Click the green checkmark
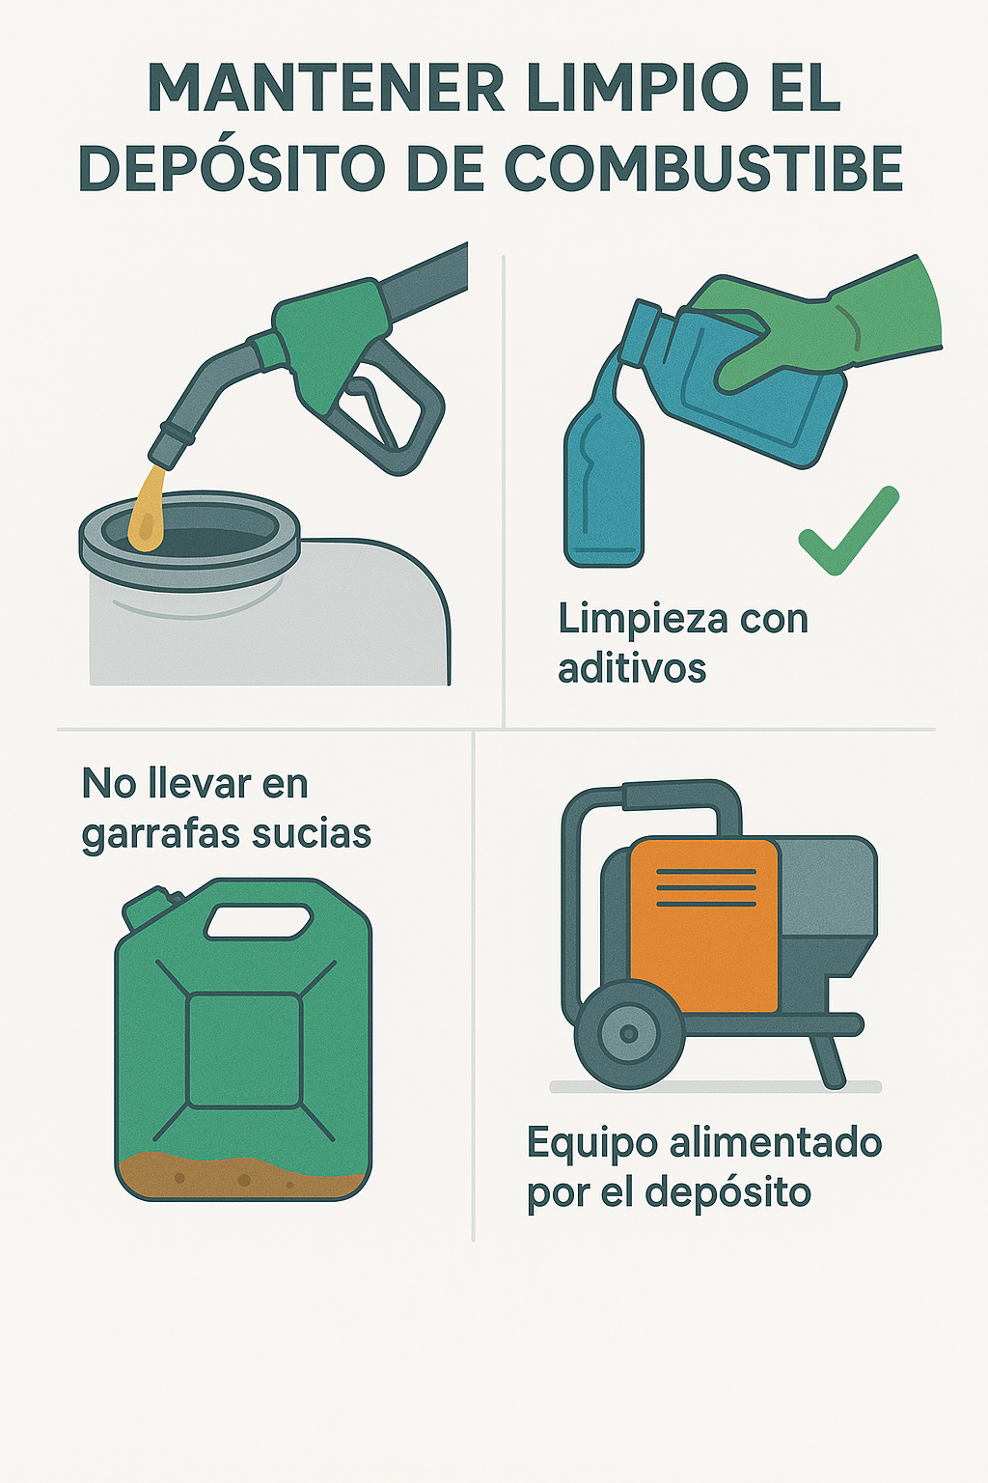tap(848, 530)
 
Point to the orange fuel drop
tap(147, 510)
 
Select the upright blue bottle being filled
tap(604, 487)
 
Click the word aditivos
tap(632, 669)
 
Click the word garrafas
tap(151, 836)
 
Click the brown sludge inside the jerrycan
tap(241, 1179)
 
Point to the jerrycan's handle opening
tap(258, 921)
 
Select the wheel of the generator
tap(629, 1033)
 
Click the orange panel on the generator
tap(702, 925)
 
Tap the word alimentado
tap(776, 1143)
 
